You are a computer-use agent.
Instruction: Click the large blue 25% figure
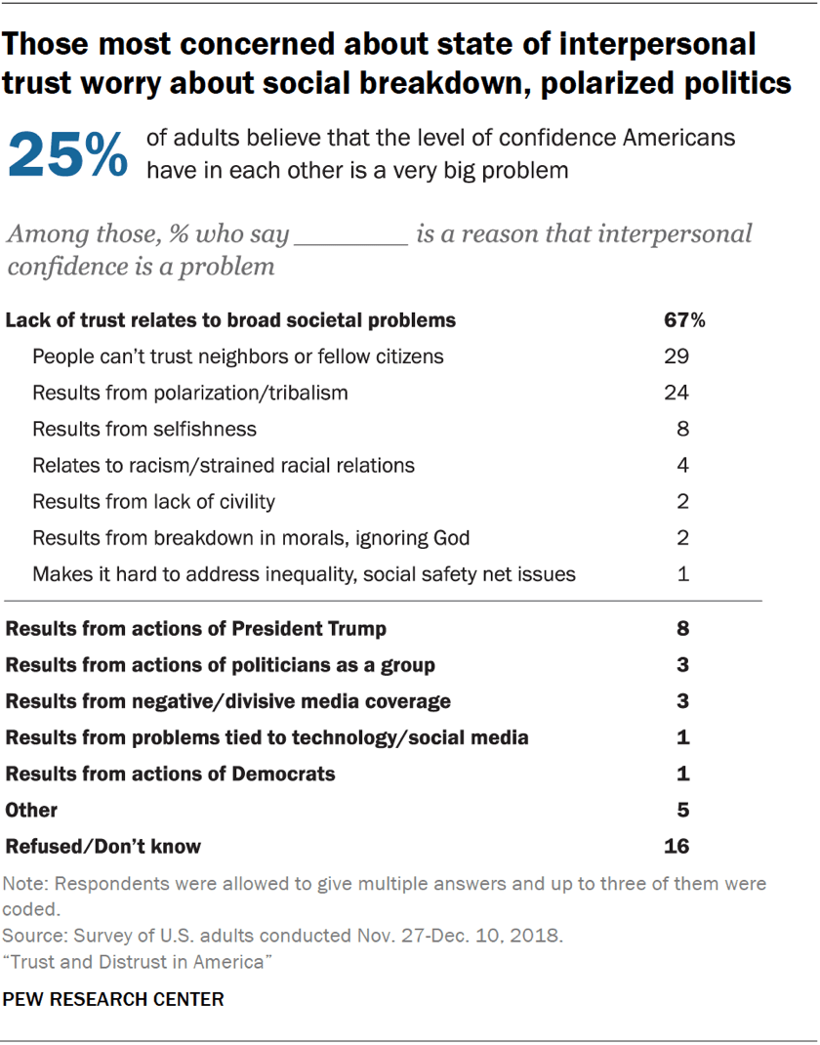(x=67, y=154)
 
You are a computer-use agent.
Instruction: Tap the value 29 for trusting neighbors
(x=676, y=356)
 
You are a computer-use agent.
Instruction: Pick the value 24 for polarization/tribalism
(x=676, y=393)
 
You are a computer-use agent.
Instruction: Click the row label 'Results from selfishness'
(x=144, y=429)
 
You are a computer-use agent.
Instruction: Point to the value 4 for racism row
(x=683, y=465)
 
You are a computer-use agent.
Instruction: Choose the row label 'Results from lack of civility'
(x=153, y=501)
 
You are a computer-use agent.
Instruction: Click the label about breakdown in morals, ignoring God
(x=251, y=537)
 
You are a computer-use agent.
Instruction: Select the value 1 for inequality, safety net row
(x=683, y=573)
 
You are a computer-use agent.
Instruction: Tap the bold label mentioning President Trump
(x=196, y=628)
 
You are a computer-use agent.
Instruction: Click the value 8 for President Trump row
(x=683, y=628)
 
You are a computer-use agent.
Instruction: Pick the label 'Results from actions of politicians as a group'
(x=221, y=665)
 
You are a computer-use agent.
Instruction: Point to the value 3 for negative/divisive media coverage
(x=683, y=701)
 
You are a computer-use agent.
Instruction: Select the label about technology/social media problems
(x=266, y=737)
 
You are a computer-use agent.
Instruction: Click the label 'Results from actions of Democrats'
(x=171, y=773)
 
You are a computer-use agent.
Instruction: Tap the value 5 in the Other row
(x=683, y=810)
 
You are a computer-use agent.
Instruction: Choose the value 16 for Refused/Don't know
(x=676, y=846)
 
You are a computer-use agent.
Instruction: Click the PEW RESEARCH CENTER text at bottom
(x=114, y=999)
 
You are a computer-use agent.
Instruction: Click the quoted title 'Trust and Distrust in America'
(x=137, y=963)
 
